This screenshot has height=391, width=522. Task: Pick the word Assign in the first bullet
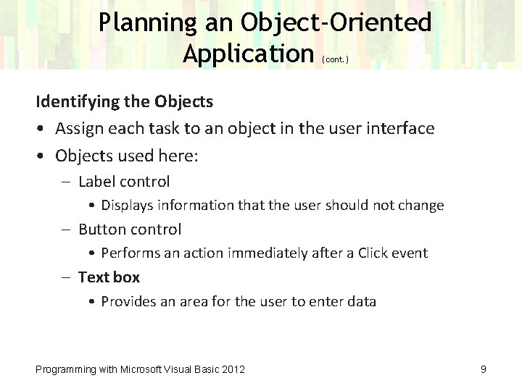point(78,129)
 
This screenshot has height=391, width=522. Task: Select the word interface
point(400,129)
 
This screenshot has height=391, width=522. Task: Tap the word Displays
point(127,206)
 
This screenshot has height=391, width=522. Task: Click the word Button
point(100,230)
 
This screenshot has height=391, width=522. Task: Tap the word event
point(409,253)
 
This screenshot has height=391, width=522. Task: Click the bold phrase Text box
point(109,277)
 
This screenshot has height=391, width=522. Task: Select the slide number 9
point(483,369)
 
